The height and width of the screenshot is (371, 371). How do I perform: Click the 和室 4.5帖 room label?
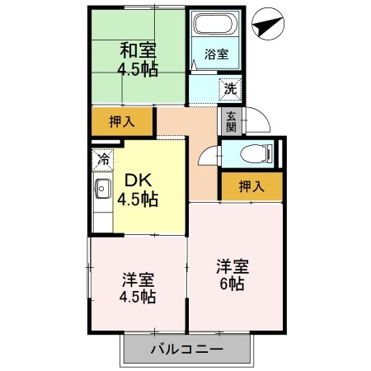(x=137, y=59)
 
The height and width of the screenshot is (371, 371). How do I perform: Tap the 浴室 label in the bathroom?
(x=217, y=56)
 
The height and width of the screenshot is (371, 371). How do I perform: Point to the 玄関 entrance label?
(x=231, y=121)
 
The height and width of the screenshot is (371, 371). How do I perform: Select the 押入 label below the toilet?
(x=251, y=187)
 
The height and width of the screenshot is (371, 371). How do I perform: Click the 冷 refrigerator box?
(x=104, y=157)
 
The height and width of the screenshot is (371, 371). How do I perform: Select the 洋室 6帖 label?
(x=232, y=275)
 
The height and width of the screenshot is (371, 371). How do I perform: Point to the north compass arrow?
(x=270, y=25)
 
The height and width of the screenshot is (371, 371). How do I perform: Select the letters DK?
(x=138, y=179)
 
